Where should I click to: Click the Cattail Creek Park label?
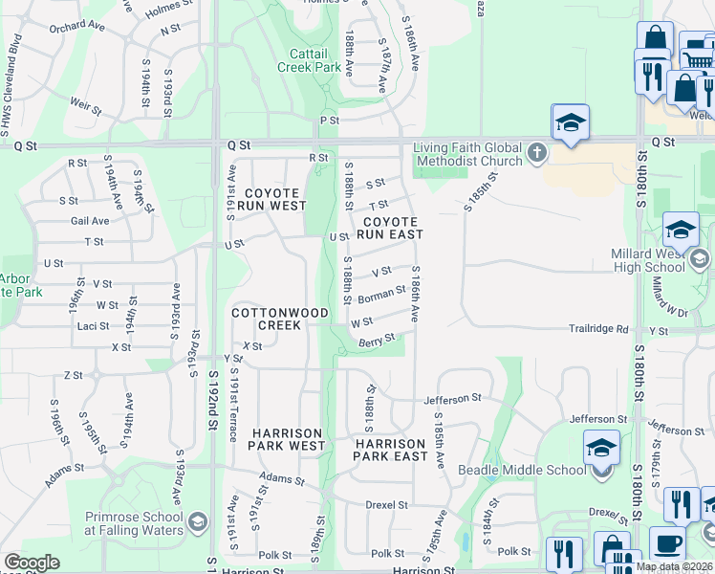pos(309,60)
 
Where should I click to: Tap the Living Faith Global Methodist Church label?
pos(467,154)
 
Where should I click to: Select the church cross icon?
pos(537,153)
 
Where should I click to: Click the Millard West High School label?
pos(673,260)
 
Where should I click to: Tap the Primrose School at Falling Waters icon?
pos(197,521)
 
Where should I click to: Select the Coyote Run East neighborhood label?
pos(390,227)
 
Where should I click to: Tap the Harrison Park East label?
pos(390,450)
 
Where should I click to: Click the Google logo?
pos(32,563)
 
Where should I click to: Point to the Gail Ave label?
pos(90,221)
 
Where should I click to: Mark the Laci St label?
pos(92,326)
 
